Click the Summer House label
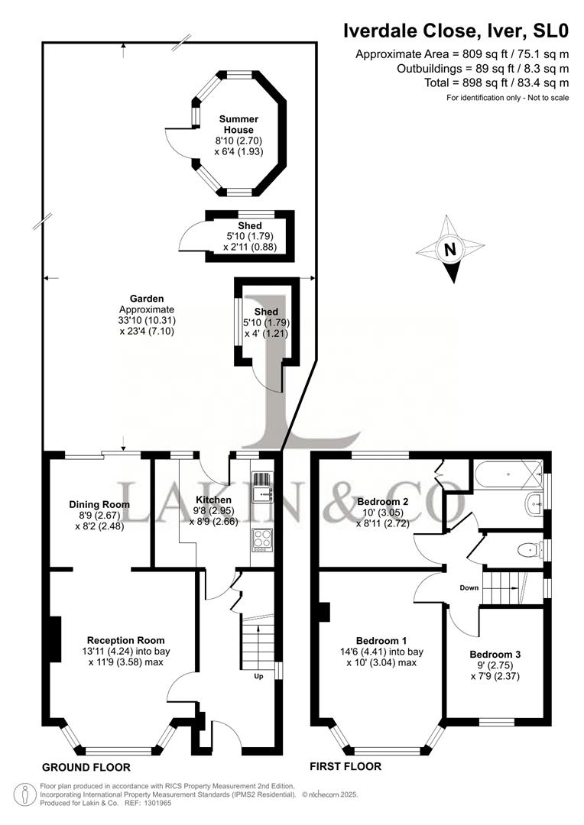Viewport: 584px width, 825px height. (x=238, y=125)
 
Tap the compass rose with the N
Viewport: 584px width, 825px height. (x=450, y=249)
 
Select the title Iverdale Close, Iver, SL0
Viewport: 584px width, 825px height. (x=456, y=31)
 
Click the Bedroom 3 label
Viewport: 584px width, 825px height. (x=495, y=654)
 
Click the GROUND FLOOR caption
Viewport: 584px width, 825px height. (x=86, y=767)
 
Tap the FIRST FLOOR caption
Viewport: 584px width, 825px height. (x=345, y=766)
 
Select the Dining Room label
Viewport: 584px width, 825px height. (x=99, y=504)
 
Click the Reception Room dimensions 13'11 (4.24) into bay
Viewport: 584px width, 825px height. (x=125, y=652)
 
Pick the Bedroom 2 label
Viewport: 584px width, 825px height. (x=383, y=501)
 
